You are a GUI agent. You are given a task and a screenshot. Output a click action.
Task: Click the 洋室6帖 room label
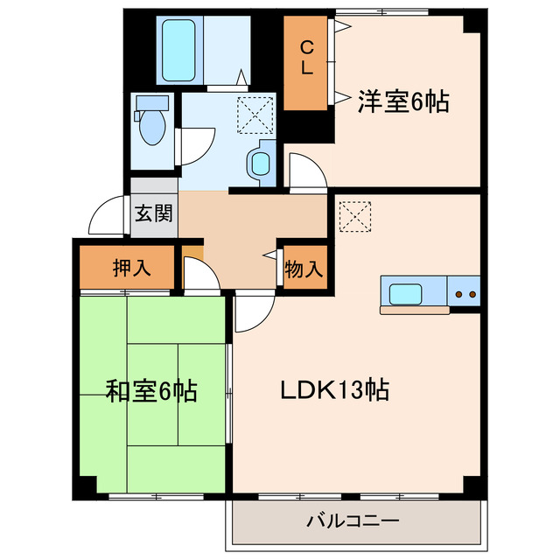tap(402, 102)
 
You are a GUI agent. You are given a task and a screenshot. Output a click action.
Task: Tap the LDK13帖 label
tap(334, 388)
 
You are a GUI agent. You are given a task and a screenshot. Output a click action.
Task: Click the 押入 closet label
tap(132, 269)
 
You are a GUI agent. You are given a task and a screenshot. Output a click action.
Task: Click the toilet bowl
tap(152, 128)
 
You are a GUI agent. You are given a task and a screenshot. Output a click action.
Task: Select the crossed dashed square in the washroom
tap(255, 115)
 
